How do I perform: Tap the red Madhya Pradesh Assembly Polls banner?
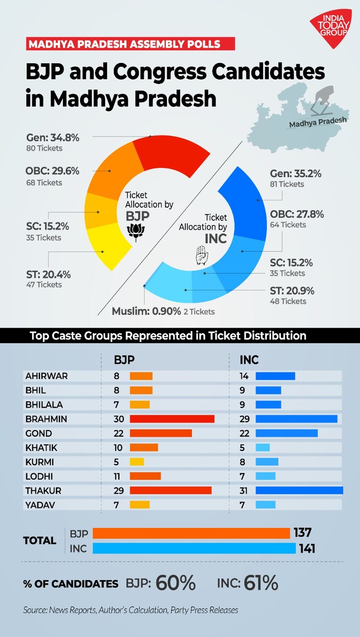130,45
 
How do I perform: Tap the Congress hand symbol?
202,255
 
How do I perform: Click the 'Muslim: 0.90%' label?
146,311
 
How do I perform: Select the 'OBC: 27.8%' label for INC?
297,214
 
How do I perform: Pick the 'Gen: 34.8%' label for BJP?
53,138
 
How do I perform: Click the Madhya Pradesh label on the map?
317,122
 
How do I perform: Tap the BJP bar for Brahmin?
172,419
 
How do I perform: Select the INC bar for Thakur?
299,490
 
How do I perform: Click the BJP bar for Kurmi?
137,462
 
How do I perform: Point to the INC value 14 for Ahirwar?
245,376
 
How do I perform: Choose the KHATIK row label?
41,447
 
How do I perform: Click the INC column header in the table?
249,359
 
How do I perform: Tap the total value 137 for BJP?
302,532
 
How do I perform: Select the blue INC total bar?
194,548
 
